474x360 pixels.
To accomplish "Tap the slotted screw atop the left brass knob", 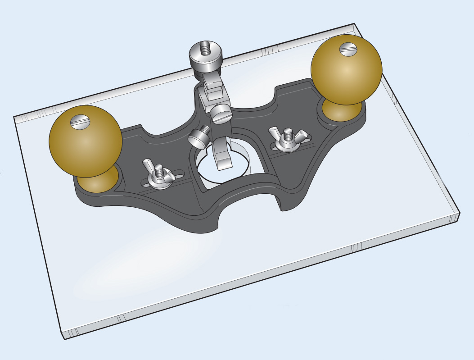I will click(81, 121).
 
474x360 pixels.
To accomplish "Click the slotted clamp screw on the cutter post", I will click(221, 114).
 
